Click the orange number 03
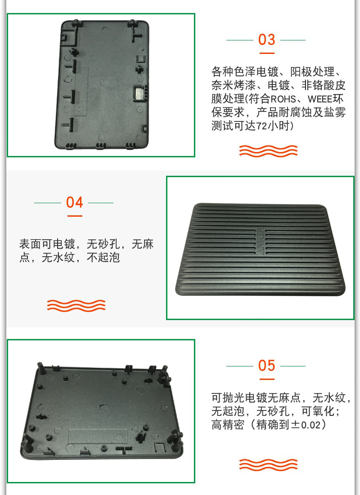point(266,40)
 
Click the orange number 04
point(75,202)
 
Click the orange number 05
point(266,366)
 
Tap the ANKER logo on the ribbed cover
point(261,241)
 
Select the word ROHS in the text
point(283,99)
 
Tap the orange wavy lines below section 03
point(268,151)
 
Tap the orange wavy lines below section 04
point(76,305)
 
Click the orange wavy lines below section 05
point(268,465)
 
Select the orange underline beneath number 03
point(267,53)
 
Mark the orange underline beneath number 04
point(75,216)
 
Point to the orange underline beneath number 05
point(267,379)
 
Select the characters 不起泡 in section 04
point(103,257)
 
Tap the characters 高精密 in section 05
point(228,424)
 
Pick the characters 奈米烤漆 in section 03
point(234,85)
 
